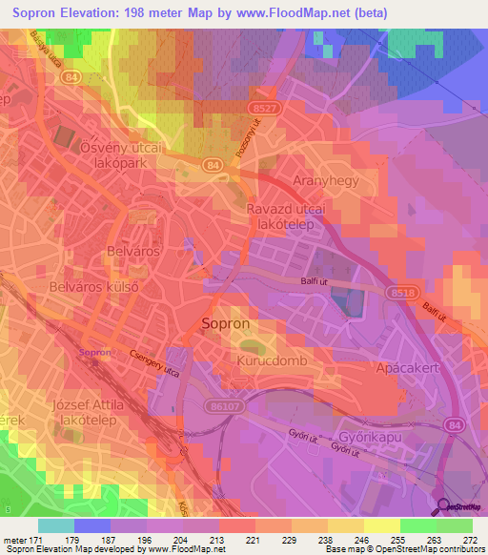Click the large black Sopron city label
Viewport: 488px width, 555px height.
(227, 324)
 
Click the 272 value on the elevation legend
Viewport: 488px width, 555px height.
(471, 541)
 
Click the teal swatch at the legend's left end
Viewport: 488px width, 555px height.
(56, 525)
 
